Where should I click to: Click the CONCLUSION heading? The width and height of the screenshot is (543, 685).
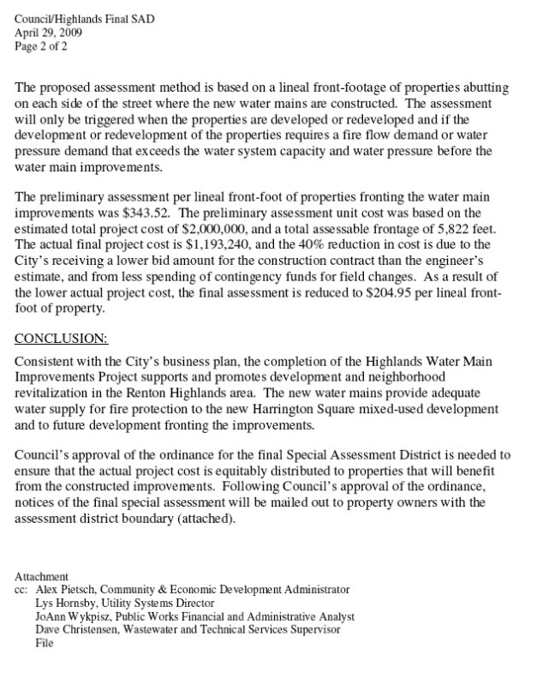(x=62, y=338)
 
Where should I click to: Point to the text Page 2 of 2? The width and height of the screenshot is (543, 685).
(x=41, y=47)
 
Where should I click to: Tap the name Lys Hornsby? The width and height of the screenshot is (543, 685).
(x=69, y=604)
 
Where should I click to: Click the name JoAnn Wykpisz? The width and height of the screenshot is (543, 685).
(x=79, y=616)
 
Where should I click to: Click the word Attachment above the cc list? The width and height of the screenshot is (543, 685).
(x=42, y=577)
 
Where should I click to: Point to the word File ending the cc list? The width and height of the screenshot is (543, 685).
(x=45, y=642)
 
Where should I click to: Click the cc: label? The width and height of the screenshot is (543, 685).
(x=22, y=590)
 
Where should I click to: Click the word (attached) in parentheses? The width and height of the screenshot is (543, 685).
(x=198, y=520)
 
